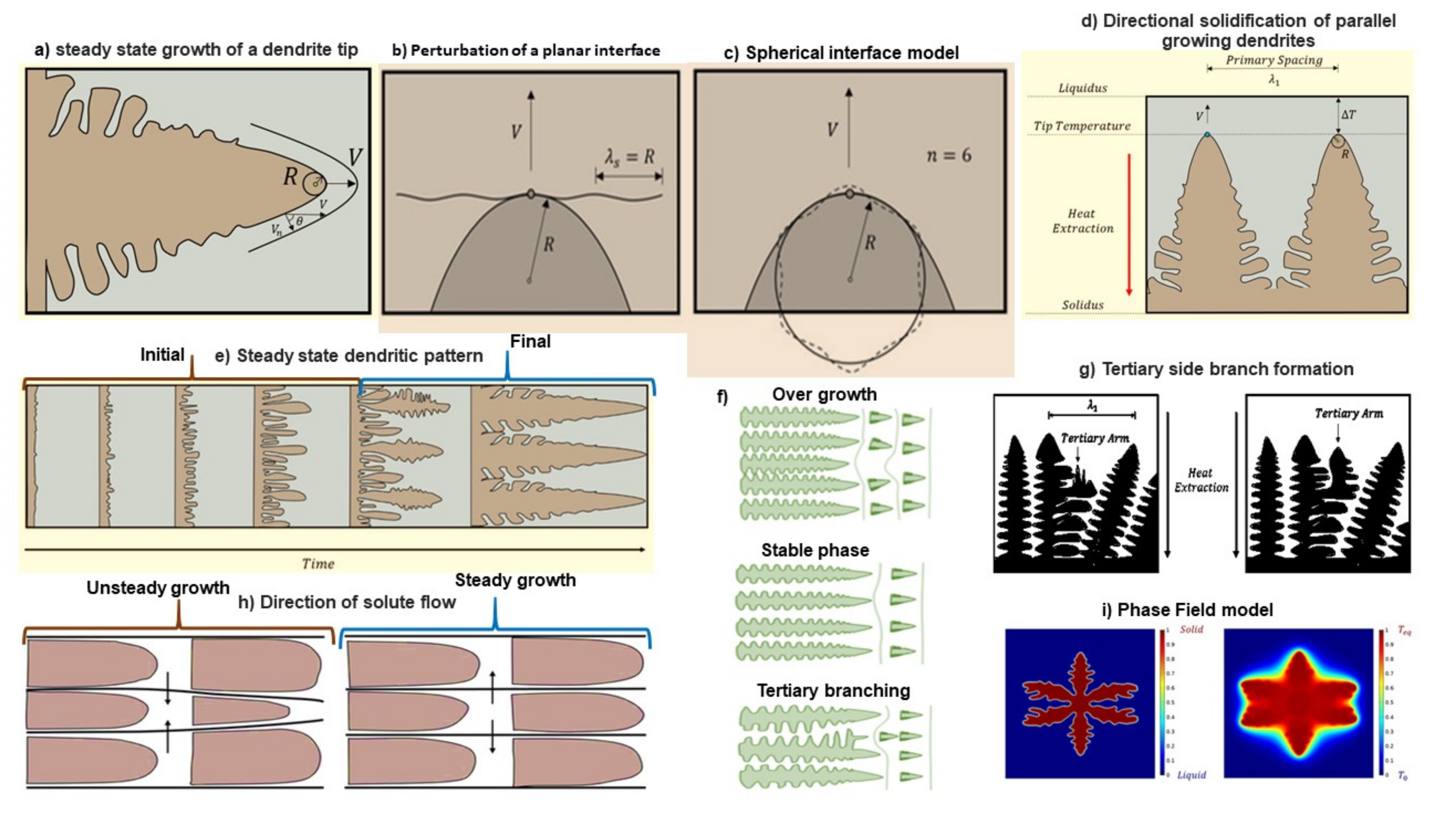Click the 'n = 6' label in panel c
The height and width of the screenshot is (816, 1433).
click(949, 155)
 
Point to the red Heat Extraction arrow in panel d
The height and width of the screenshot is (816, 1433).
click(1129, 224)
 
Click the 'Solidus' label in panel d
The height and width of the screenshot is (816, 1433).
click(1082, 305)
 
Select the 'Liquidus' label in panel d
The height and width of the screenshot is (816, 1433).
click(1082, 88)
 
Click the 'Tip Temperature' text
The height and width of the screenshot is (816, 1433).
click(1082, 126)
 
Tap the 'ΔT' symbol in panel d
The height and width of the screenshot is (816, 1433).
click(1348, 115)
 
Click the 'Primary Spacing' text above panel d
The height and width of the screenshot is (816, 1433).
click(1274, 60)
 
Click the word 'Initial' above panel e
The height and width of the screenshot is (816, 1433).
click(162, 355)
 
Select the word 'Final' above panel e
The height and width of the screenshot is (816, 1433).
click(530, 341)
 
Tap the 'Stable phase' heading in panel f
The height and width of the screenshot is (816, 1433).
click(814, 550)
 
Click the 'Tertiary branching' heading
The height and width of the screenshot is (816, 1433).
click(833, 690)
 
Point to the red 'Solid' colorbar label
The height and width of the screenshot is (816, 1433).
click(1191, 630)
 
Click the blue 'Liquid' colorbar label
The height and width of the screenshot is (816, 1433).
click(1191, 775)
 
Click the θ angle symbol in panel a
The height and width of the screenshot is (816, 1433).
click(299, 222)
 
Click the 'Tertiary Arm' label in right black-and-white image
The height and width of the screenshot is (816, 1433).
click(1349, 414)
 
